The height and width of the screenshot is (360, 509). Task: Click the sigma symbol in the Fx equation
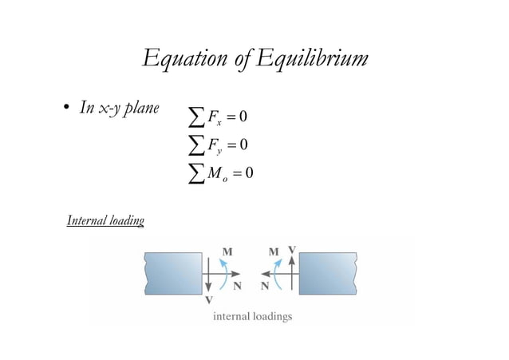(193, 118)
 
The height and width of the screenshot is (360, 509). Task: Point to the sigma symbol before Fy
(193, 145)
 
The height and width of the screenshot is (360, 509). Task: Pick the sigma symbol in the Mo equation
(193, 172)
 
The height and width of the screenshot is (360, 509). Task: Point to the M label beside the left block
(227, 251)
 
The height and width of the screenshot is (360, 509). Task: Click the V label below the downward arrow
(208, 301)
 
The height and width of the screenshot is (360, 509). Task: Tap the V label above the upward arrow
(292, 250)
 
